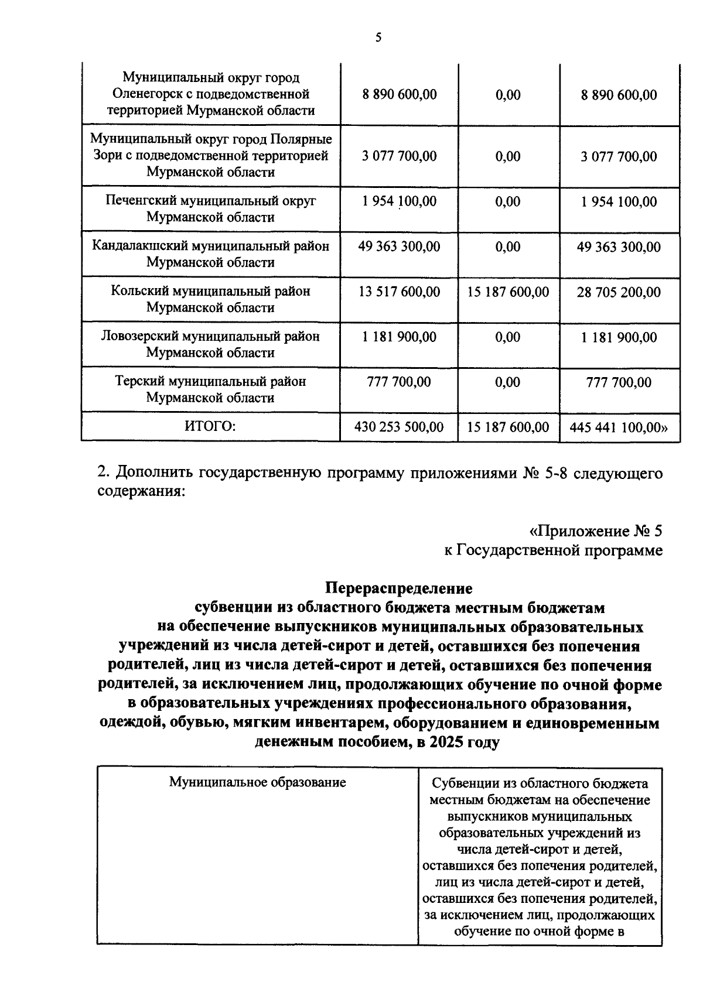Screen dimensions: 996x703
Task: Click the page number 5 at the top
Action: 378,38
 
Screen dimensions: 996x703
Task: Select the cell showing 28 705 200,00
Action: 619,292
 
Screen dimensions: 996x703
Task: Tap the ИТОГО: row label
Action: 210,426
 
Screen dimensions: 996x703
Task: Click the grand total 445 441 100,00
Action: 619,427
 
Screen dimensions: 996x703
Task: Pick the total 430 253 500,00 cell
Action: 399,427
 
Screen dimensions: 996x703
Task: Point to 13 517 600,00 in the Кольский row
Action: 399,292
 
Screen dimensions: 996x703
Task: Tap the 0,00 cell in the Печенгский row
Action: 508,201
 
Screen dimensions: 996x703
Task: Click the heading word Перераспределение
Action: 398,587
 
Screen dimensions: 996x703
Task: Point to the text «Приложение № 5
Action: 596,531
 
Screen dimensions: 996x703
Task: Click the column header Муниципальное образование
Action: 257,782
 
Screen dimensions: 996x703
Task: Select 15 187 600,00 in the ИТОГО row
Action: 508,427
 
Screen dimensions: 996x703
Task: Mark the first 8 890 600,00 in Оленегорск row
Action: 399,95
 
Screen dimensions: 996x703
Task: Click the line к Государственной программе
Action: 553,550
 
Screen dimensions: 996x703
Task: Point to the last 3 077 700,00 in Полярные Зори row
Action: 619,156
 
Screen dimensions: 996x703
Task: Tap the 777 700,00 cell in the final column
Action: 619,382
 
